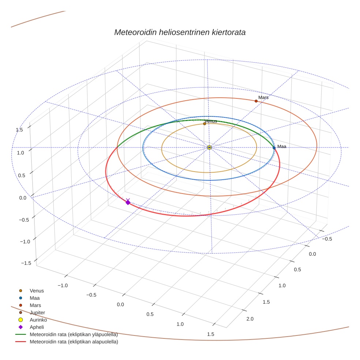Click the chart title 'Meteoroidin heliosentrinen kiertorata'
tap(180, 32)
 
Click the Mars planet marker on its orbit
tap(256, 101)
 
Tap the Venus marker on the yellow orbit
tap(205, 124)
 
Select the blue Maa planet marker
tap(274, 148)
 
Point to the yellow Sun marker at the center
tap(209, 147)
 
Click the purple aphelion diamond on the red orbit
tap(128, 202)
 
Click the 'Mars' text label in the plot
tap(263, 98)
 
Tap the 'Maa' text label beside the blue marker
tap(281, 146)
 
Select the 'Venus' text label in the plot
tap(211, 121)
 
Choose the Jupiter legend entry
tap(37, 312)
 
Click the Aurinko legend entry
tap(38, 320)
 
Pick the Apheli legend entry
tap(37, 327)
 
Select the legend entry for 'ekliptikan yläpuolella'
tap(73, 334)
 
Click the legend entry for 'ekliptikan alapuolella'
tap(74, 342)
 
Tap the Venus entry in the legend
tap(37, 290)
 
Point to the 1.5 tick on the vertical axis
tap(19, 130)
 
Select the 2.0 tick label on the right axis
tap(250, 319)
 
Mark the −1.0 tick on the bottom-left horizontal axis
tap(63, 285)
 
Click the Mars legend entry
tap(35, 305)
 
